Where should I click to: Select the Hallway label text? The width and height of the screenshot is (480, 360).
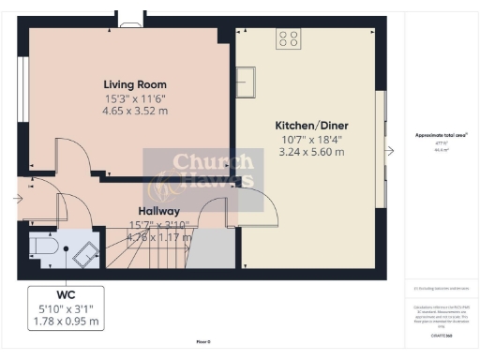tap(153, 212)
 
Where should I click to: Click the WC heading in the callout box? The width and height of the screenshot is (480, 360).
tap(67, 293)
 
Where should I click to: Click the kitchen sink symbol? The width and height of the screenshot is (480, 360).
tap(247, 80)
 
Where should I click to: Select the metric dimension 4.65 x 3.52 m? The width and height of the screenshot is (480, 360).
tap(136, 110)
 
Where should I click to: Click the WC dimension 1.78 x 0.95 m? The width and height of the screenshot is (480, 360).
tap(67, 322)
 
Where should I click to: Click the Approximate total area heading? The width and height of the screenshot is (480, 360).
tap(442, 135)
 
